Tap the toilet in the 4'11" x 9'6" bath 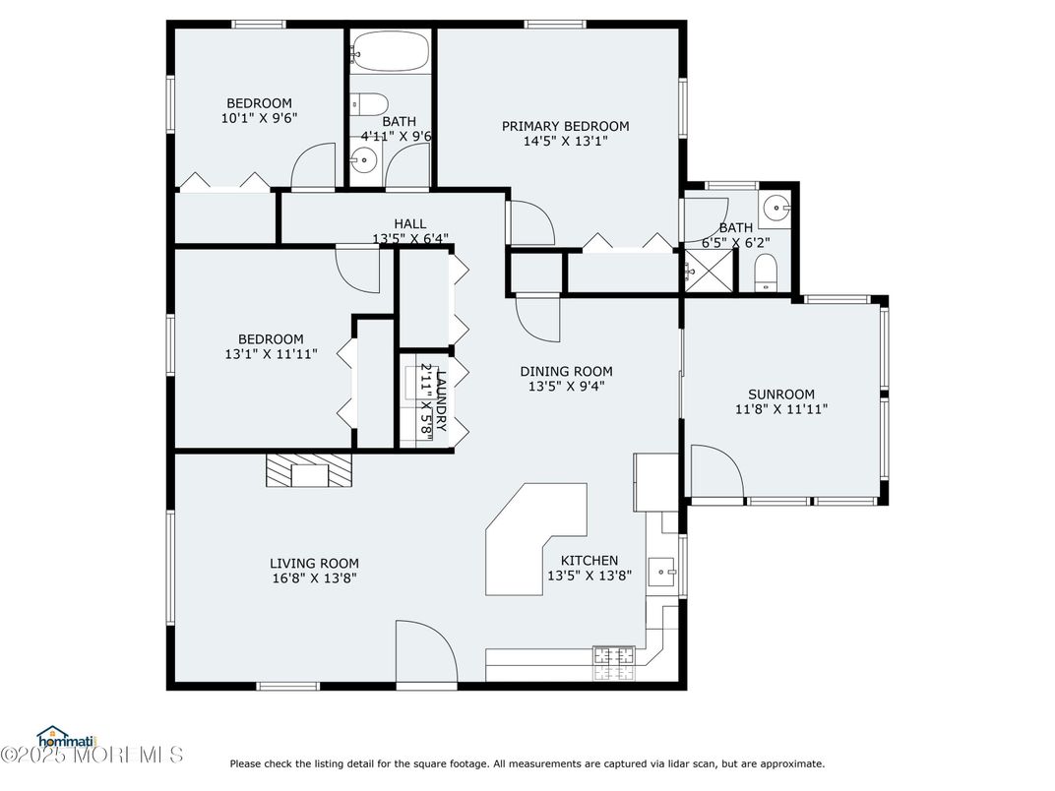pos(370,104)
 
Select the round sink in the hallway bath pos(364,160)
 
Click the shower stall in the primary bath pos(709,271)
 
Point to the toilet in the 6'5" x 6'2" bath pos(765,274)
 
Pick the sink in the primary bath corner pos(776,208)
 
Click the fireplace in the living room pos(309,470)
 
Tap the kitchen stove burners pos(614,663)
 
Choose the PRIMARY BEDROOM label pos(566,127)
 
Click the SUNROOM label pos(781,395)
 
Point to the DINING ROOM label pos(567,371)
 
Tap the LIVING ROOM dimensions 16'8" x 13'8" pos(314,578)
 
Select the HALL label pos(410,224)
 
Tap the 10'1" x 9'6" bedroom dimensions pos(260,118)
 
